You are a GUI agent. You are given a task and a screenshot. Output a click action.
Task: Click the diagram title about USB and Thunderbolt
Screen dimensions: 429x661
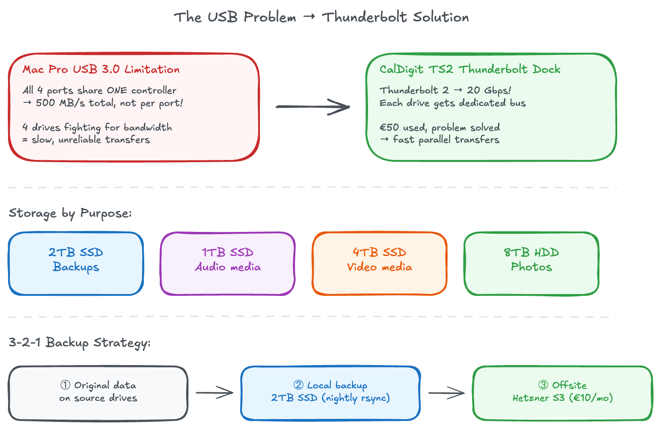click(x=321, y=17)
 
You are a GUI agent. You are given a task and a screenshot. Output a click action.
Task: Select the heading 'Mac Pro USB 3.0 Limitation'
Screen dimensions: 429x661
click(x=101, y=70)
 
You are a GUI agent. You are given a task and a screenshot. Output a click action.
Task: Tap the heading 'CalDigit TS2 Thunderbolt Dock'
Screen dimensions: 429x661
click(x=469, y=70)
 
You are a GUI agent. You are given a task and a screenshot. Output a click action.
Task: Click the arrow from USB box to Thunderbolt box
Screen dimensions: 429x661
click(x=313, y=107)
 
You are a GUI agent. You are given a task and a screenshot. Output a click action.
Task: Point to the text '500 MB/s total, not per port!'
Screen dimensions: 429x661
click(x=109, y=103)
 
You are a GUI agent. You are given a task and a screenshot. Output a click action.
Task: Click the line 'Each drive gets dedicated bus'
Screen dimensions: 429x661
click(x=452, y=103)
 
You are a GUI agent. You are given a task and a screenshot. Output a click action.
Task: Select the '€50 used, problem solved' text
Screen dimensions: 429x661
click(x=439, y=128)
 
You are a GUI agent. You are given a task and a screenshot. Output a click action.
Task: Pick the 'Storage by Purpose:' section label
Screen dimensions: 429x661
click(x=70, y=214)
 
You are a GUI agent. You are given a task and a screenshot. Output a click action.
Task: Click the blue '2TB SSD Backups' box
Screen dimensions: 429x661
click(x=76, y=263)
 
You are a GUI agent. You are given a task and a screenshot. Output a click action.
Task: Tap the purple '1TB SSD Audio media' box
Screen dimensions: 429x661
click(x=228, y=263)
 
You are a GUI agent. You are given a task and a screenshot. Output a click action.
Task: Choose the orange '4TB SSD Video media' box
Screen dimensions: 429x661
click(x=380, y=263)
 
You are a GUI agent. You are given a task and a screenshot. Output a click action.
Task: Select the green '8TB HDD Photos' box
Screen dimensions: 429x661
click(x=531, y=263)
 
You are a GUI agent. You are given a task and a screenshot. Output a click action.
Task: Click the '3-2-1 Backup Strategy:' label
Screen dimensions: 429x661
click(x=79, y=343)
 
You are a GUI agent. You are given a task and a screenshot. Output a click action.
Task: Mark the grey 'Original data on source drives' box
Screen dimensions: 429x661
click(x=98, y=393)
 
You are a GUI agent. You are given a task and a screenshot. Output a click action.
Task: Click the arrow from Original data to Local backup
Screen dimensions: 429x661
click(x=214, y=393)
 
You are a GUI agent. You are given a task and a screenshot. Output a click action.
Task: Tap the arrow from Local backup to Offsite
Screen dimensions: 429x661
click(x=447, y=393)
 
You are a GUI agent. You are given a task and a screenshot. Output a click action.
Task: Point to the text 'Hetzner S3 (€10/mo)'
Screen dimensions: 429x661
click(x=562, y=398)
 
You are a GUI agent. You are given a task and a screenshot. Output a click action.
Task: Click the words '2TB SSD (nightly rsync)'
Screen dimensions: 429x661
click(x=330, y=398)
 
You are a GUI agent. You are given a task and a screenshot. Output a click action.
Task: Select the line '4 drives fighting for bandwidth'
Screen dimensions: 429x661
click(x=97, y=128)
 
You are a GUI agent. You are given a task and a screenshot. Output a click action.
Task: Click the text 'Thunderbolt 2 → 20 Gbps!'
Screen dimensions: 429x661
click(x=445, y=91)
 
